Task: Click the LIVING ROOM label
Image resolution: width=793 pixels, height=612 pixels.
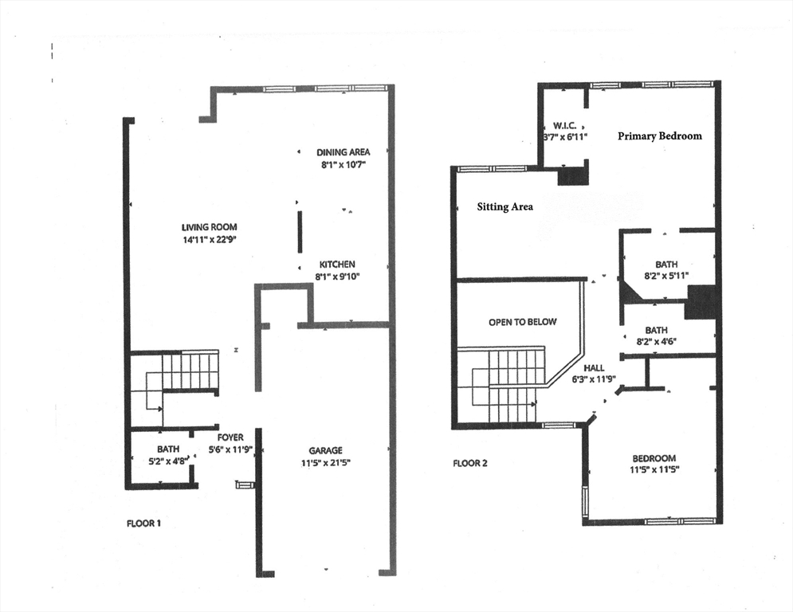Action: pos(209,227)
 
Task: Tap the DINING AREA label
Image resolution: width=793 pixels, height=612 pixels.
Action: pos(343,152)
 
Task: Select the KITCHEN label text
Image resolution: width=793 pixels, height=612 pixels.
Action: pos(338,265)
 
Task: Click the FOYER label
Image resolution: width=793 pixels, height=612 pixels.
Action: pos(230,437)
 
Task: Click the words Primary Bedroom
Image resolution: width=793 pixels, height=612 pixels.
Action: pos(660,136)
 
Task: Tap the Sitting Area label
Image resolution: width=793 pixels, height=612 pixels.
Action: pos(504,207)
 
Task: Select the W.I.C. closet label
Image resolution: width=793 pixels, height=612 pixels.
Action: pos(565,126)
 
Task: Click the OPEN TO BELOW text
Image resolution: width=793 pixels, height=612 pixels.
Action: pos(522,322)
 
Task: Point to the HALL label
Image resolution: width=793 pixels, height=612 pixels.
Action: pos(594,367)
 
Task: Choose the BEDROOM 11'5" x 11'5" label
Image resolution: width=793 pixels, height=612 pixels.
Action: pos(654,458)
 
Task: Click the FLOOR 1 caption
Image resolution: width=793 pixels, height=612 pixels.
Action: pos(144,524)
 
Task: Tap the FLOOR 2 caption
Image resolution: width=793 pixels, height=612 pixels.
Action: pos(470,463)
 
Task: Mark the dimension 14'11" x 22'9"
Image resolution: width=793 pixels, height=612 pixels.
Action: pos(209,239)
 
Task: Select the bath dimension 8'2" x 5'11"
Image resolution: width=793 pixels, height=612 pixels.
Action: pos(666,276)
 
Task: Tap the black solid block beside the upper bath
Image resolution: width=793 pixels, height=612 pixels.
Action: pos(702,302)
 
